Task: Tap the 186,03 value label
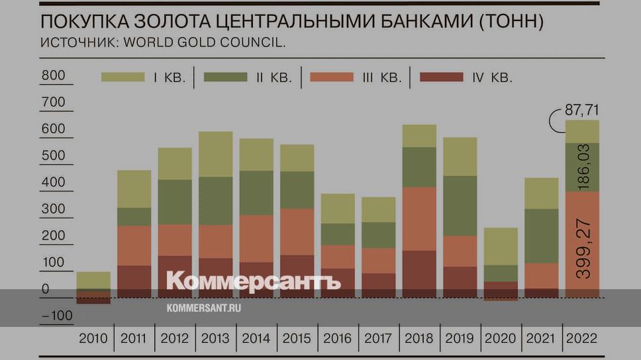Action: [583, 168]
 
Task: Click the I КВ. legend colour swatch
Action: [123, 77]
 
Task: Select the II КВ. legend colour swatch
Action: [225, 77]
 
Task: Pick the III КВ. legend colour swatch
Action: [332, 77]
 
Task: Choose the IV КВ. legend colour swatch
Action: [442, 77]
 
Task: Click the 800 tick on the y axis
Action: [53, 75]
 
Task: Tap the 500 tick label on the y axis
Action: [53, 156]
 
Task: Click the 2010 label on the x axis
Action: [93, 339]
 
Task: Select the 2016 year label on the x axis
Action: [338, 339]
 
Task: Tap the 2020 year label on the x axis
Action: [501, 339]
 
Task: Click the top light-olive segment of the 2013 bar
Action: [215, 154]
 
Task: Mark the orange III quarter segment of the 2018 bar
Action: [420, 218]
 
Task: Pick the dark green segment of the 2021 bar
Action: [542, 236]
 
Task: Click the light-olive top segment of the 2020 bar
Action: [501, 246]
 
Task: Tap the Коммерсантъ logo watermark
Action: [253, 281]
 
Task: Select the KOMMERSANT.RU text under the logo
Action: [204, 308]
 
